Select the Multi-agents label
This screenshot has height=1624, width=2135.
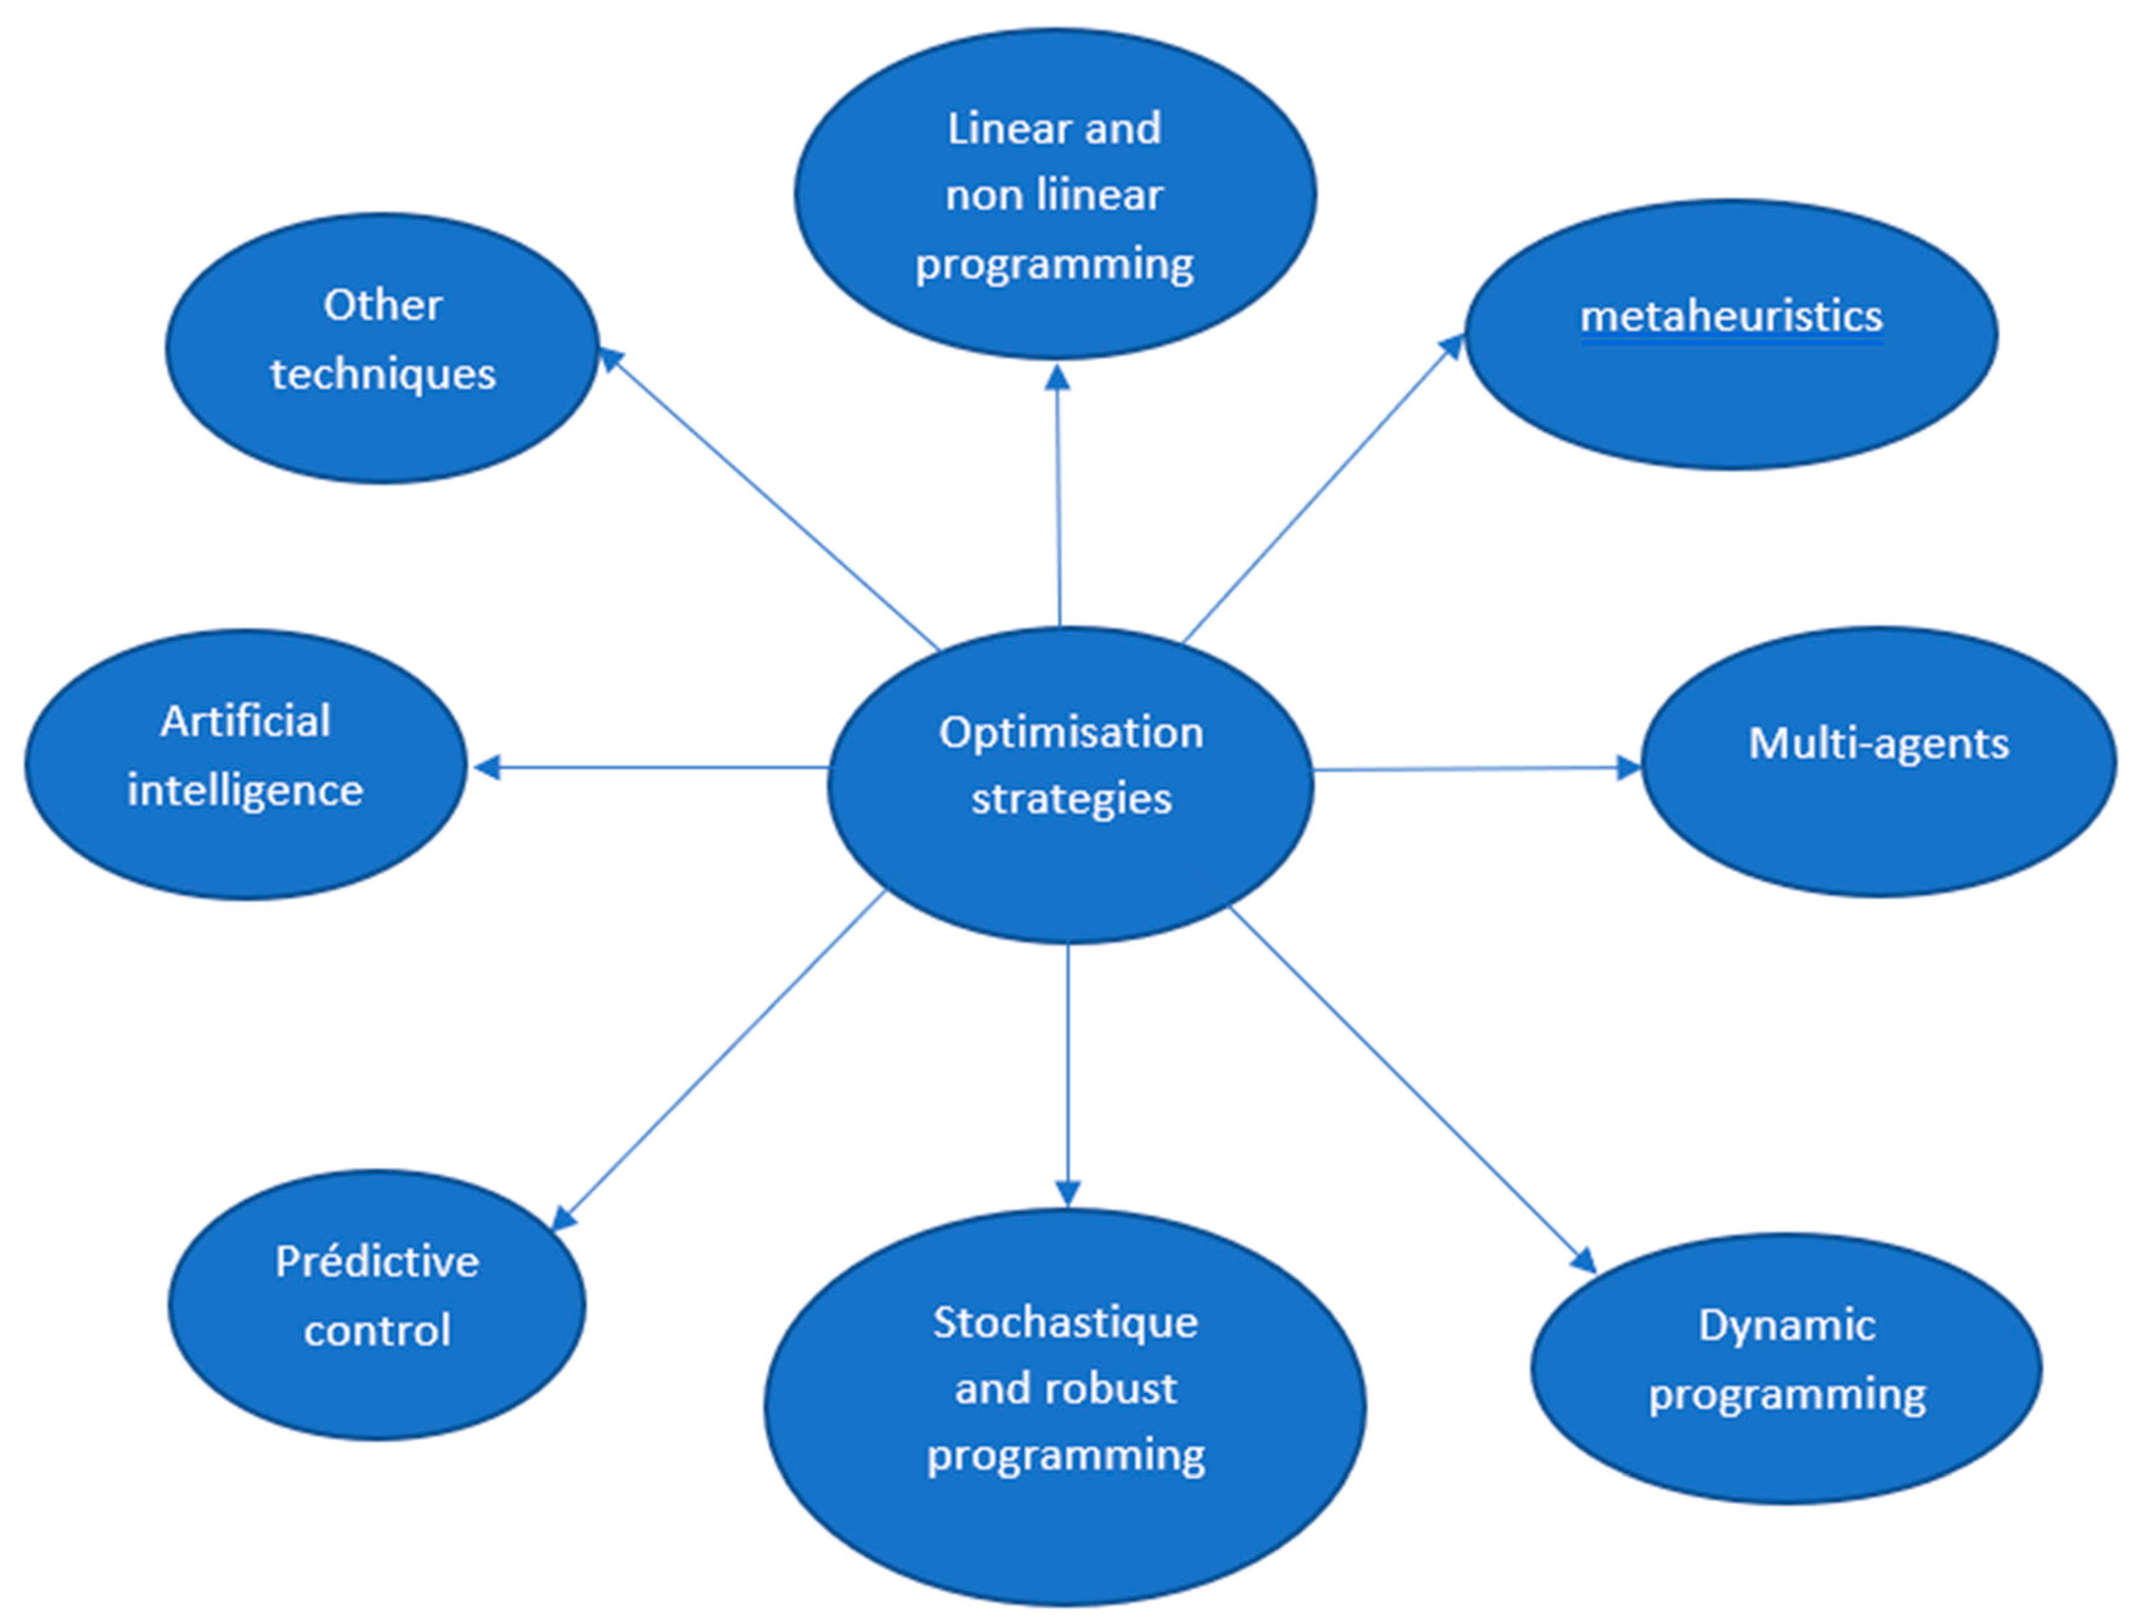click(x=1878, y=743)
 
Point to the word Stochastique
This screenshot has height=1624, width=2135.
click(x=1064, y=1323)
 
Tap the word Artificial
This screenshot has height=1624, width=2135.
click(x=245, y=721)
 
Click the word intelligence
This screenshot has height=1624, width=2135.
click(x=245, y=791)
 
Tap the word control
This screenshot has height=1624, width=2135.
click(x=376, y=1331)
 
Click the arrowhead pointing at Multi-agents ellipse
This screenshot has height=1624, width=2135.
click(x=1628, y=768)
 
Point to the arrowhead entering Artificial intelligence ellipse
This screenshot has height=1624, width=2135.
click(x=485, y=768)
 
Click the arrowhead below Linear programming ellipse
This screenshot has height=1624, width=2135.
click(x=1058, y=377)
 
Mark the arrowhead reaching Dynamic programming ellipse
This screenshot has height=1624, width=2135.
click(x=1583, y=1261)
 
